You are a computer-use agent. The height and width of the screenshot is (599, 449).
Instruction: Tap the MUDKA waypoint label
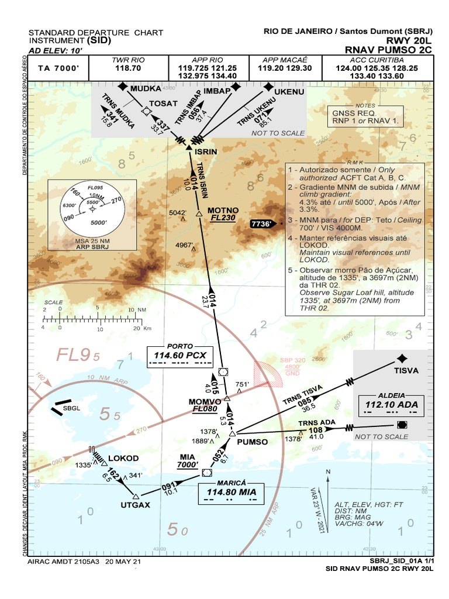[145, 88]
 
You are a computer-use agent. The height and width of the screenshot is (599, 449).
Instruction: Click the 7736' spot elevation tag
[261, 223]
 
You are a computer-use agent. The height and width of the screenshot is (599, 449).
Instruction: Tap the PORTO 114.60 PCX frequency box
[180, 354]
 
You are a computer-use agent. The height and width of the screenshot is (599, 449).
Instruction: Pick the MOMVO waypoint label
[205, 402]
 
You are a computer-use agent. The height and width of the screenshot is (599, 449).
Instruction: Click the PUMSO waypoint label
[253, 442]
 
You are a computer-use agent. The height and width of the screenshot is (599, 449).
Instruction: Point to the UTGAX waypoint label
[136, 504]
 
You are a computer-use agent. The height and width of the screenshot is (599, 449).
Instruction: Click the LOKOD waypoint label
[124, 457]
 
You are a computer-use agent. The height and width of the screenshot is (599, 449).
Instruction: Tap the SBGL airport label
[72, 408]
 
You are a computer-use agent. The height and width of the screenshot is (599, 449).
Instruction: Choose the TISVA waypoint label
[406, 370]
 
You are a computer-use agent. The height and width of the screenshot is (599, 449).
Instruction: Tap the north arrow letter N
[328, 471]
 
